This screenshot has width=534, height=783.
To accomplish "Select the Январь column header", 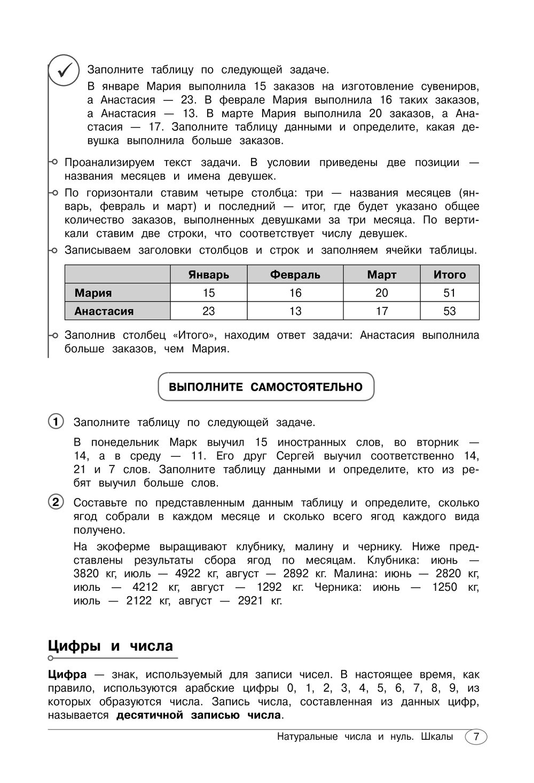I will pyautogui.click(x=208, y=274).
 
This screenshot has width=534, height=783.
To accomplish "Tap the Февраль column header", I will pyautogui.click(x=295, y=274).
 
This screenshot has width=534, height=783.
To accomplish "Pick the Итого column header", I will pyautogui.click(x=450, y=274).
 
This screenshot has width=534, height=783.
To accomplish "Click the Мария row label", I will pyautogui.click(x=93, y=292).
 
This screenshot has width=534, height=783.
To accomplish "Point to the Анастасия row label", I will pyautogui.click(x=104, y=311).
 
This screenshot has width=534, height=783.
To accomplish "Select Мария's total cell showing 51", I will pyautogui.click(x=450, y=292).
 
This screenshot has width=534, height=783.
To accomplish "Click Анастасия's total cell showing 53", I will pyautogui.click(x=450, y=311).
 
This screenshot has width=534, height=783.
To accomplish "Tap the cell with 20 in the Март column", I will pyautogui.click(x=382, y=292).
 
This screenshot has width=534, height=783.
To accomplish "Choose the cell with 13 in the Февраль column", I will pyautogui.click(x=295, y=311).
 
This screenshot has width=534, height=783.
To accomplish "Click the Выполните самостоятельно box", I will pyautogui.click(x=266, y=387).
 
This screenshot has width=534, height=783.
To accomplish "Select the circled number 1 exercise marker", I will pyautogui.click(x=56, y=421).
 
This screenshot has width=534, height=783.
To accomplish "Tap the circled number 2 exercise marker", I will pyautogui.click(x=56, y=502).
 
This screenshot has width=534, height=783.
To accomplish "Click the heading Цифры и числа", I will pyautogui.click(x=111, y=646).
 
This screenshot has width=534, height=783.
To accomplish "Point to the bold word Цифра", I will pyautogui.click(x=67, y=674).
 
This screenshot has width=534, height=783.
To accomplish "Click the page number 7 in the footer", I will pyautogui.click(x=476, y=737).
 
